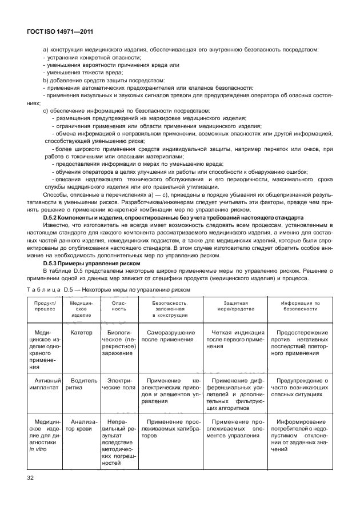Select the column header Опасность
pyautogui.click(x=118, y=308)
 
